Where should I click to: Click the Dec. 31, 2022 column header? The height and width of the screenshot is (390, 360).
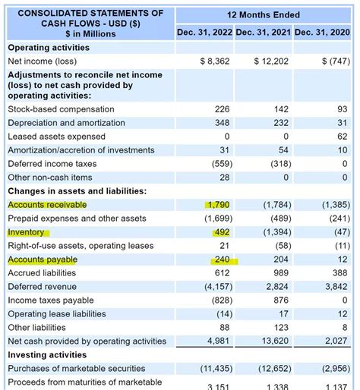[204, 32]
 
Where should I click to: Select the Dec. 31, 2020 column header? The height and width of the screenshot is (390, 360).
[322, 32]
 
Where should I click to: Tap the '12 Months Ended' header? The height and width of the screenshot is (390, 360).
[263, 14]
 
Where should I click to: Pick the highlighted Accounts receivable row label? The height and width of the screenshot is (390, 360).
[47, 205]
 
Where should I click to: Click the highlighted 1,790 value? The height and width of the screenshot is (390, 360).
[218, 205]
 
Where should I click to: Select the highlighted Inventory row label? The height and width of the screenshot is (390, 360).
[27, 232]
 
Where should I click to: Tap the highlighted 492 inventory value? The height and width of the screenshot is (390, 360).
[221, 232]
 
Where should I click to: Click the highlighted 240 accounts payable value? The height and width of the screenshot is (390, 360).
[221, 259]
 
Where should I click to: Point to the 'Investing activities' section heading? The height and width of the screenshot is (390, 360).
[47, 355]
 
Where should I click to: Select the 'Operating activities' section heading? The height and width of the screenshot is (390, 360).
[49, 47]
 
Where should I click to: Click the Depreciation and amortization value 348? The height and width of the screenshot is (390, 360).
[221, 123]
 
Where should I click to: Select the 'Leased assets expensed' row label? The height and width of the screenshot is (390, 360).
[57, 137]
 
